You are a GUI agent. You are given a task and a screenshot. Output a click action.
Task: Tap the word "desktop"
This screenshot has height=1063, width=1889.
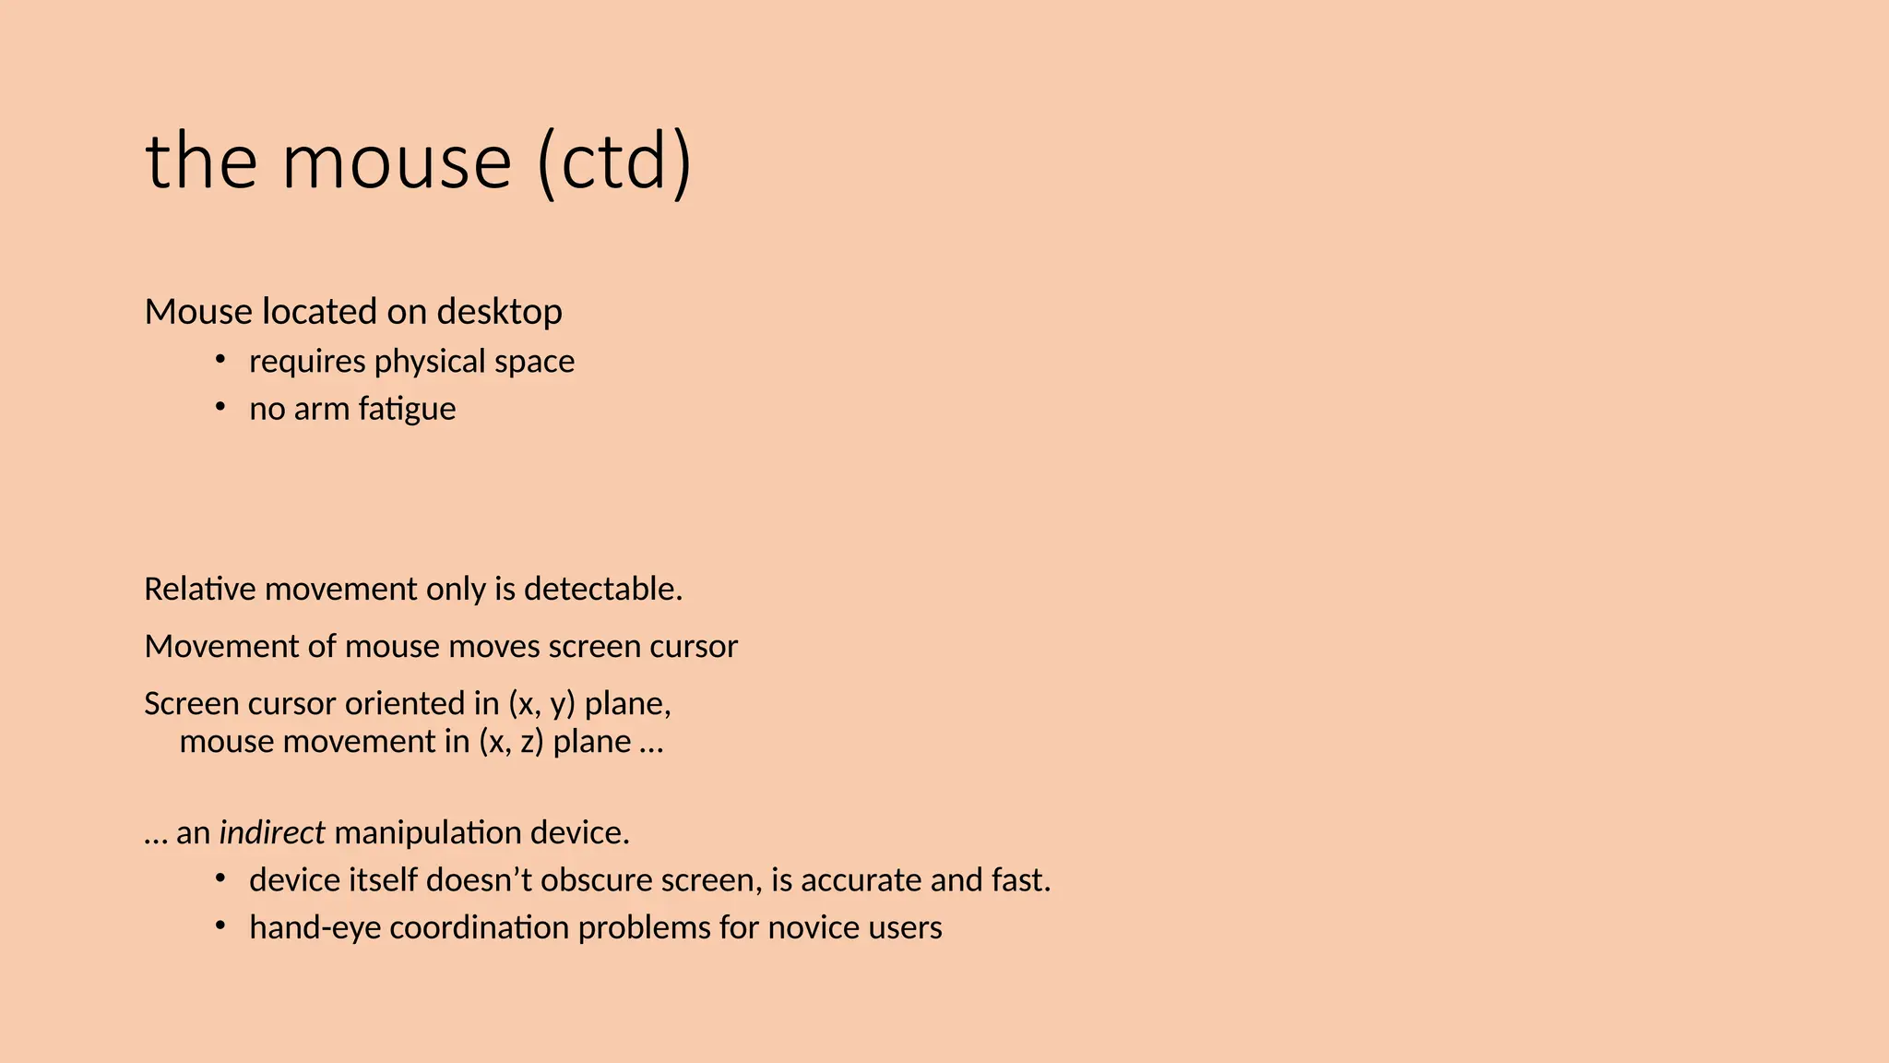tap(499, 312)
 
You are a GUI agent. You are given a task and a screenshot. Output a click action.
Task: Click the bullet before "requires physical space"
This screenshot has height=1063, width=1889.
tap(220, 359)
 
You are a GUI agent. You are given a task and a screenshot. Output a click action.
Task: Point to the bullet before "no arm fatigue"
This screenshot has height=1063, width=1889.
tap(220, 407)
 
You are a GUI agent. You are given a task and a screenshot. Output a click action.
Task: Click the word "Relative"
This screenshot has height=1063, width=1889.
tap(200, 589)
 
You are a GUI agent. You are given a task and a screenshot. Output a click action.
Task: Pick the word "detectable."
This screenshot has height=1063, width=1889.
tap(603, 589)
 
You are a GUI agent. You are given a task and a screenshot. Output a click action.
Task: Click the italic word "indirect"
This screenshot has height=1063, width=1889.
tap(272, 832)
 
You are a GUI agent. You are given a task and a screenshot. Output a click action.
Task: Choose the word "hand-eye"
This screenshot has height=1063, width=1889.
tap(315, 927)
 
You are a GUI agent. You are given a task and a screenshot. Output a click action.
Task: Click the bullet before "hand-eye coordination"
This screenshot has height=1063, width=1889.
tap(220, 926)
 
